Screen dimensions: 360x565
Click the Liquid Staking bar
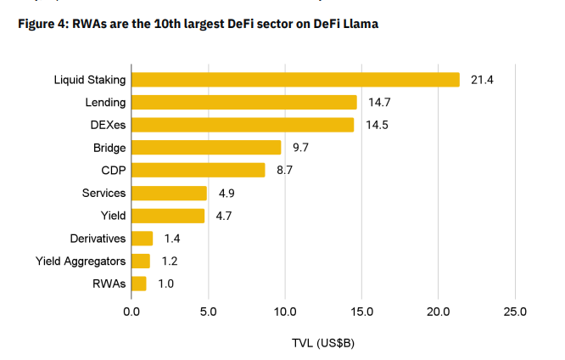coord(295,79)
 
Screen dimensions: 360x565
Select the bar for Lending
coord(244,102)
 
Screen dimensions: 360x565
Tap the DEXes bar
coord(243,125)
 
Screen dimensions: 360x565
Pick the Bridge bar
coord(206,148)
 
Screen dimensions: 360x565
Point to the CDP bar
coord(199,170)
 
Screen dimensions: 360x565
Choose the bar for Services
coord(169,193)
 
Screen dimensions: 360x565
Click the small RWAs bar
coord(139,284)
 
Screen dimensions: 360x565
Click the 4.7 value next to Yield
coord(223,216)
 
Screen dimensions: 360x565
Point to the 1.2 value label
coord(169,261)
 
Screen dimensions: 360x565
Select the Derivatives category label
coord(98,239)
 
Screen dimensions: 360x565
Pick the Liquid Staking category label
coord(89,79)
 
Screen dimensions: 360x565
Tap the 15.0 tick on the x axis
coord(361,312)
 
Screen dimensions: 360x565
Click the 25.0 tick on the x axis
coord(515,312)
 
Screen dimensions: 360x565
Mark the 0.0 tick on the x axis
coord(131,312)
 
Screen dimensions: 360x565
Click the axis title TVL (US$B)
coord(322,344)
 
